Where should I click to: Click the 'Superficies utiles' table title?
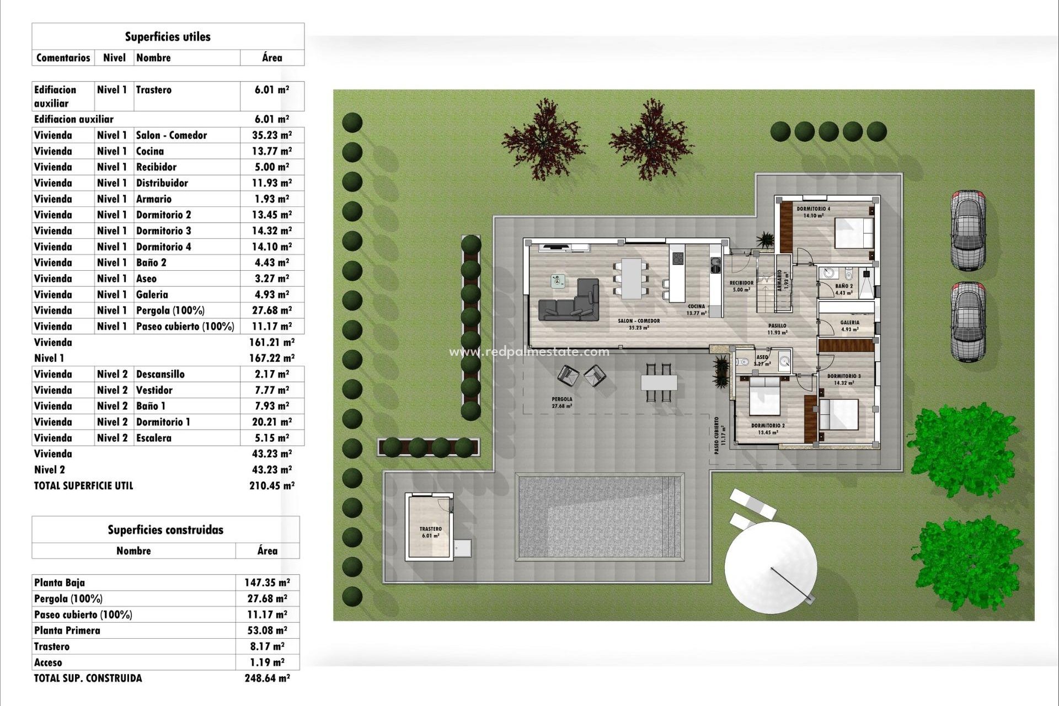(x=168, y=37)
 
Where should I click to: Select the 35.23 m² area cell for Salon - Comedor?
(x=272, y=135)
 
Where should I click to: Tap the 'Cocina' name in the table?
(x=150, y=151)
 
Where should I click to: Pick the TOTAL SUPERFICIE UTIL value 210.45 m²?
(x=272, y=486)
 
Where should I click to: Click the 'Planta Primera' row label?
(x=67, y=630)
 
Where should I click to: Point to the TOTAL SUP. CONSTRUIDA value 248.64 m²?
(x=268, y=678)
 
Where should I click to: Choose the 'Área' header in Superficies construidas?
(x=268, y=550)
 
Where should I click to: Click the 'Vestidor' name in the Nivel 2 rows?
(x=154, y=390)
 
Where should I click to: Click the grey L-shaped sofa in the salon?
(x=571, y=303)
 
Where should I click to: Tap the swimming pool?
(x=600, y=517)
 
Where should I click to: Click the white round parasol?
(x=771, y=565)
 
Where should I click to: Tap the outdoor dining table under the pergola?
(x=659, y=382)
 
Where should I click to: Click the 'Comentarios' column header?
(x=63, y=58)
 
